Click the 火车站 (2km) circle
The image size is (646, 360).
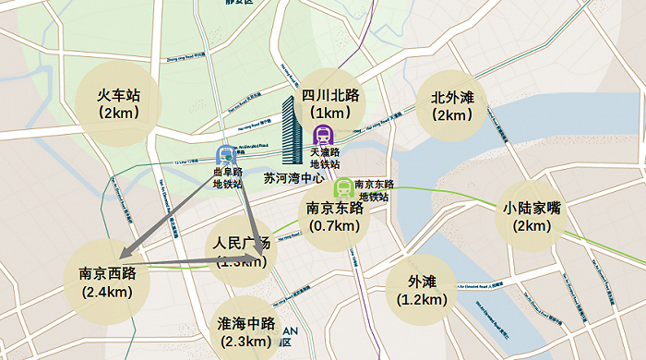coord(119,103)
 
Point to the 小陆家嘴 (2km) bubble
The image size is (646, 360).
coord(532,217)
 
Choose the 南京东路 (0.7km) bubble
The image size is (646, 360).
coord(334,217)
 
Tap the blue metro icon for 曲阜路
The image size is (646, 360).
coord(226,154)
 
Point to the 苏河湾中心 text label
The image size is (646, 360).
coord(293,177)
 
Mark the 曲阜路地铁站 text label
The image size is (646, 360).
coord(227,177)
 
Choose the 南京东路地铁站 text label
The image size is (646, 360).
coord(375,190)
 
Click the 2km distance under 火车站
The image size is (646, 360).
coord(119,114)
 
